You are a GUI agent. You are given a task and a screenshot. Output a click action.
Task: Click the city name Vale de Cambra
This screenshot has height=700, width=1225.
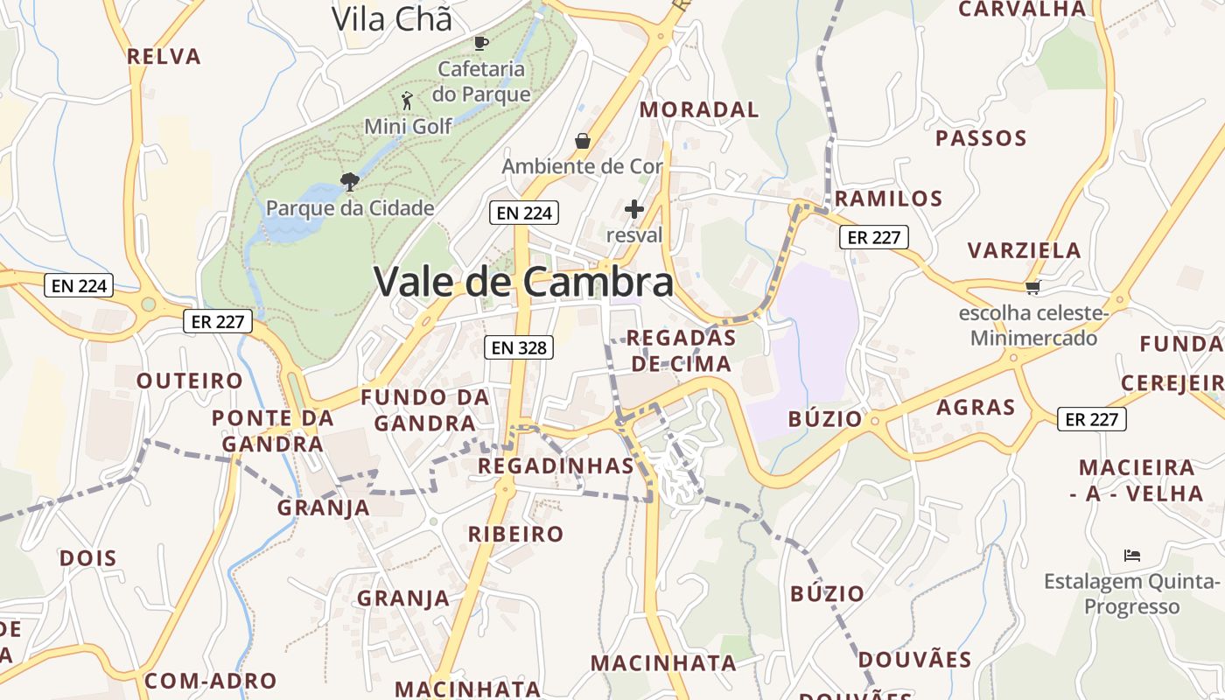pyautogui.click(x=523, y=282)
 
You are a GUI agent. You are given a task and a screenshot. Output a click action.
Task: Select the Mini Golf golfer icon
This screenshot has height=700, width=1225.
pyautogui.click(x=406, y=100)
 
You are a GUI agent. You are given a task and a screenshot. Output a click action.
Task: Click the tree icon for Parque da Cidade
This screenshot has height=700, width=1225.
pyautogui.click(x=349, y=182)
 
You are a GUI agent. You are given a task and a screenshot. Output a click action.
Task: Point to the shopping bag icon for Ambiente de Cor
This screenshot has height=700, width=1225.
pyautogui.click(x=582, y=140)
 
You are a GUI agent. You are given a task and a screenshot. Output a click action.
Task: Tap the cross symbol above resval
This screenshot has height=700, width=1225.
pyautogui.click(x=634, y=209)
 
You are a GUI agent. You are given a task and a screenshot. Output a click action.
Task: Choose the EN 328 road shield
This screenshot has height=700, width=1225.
pyautogui.click(x=519, y=347)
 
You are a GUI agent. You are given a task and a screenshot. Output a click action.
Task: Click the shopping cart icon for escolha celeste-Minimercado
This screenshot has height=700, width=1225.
pyautogui.click(x=1032, y=287)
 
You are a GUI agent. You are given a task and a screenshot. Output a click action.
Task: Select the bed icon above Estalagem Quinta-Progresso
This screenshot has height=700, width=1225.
pyautogui.click(x=1131, y=555)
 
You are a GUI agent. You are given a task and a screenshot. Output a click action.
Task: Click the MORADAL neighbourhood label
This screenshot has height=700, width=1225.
pyautogui.click(x=699, y=109)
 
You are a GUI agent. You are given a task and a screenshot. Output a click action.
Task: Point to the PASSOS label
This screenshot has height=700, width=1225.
pyautogui.click(x=981, y=137)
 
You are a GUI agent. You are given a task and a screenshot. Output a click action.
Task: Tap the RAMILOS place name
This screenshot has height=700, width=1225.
pyautogui.click(x=888, y=198)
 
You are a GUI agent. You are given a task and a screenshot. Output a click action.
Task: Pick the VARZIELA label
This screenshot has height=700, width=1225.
pyautogui.click(x=1024, y=250)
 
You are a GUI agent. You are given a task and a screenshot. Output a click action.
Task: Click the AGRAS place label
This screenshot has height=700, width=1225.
pyautogui.click(x=976, y=407)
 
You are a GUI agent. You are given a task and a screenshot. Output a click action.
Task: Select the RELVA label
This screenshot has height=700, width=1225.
pyautogui.click(x=164, y=57)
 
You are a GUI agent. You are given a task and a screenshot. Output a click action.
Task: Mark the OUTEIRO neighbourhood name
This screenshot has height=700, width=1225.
pyautogui.click(x=189, y=381)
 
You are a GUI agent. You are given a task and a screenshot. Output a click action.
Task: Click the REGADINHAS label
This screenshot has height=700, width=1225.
pyautogui.click(x=556, y=465)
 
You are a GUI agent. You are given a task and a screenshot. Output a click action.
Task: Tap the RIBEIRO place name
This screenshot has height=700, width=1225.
pyautogui.click(x=515, y=534)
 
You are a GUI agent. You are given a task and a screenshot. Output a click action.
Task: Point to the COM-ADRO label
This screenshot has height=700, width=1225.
pyautogui.click(x=210, y=681)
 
